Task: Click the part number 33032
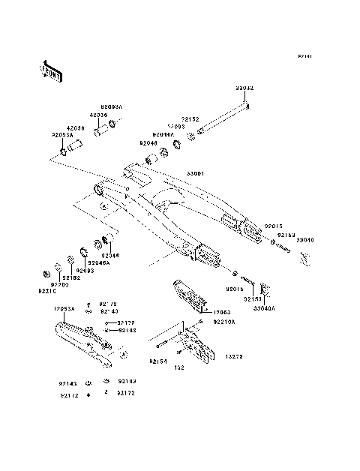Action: point(244,88)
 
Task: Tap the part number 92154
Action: point(158,361)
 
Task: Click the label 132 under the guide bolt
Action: point(179,369)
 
